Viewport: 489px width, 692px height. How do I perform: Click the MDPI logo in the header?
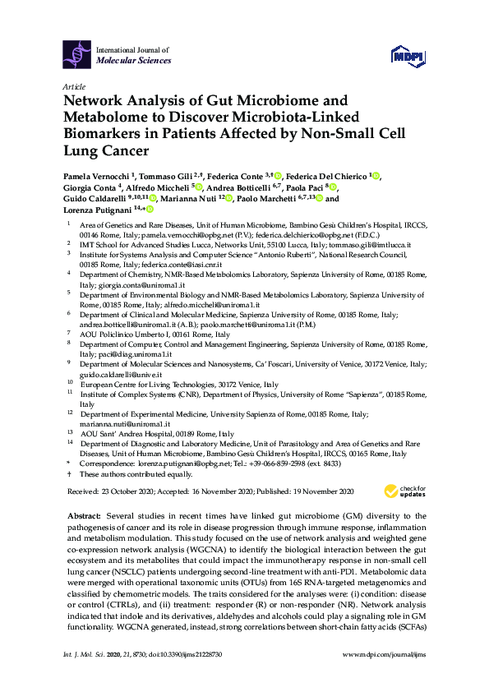coord(411,55)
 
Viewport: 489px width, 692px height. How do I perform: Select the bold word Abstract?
coord(84,513)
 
